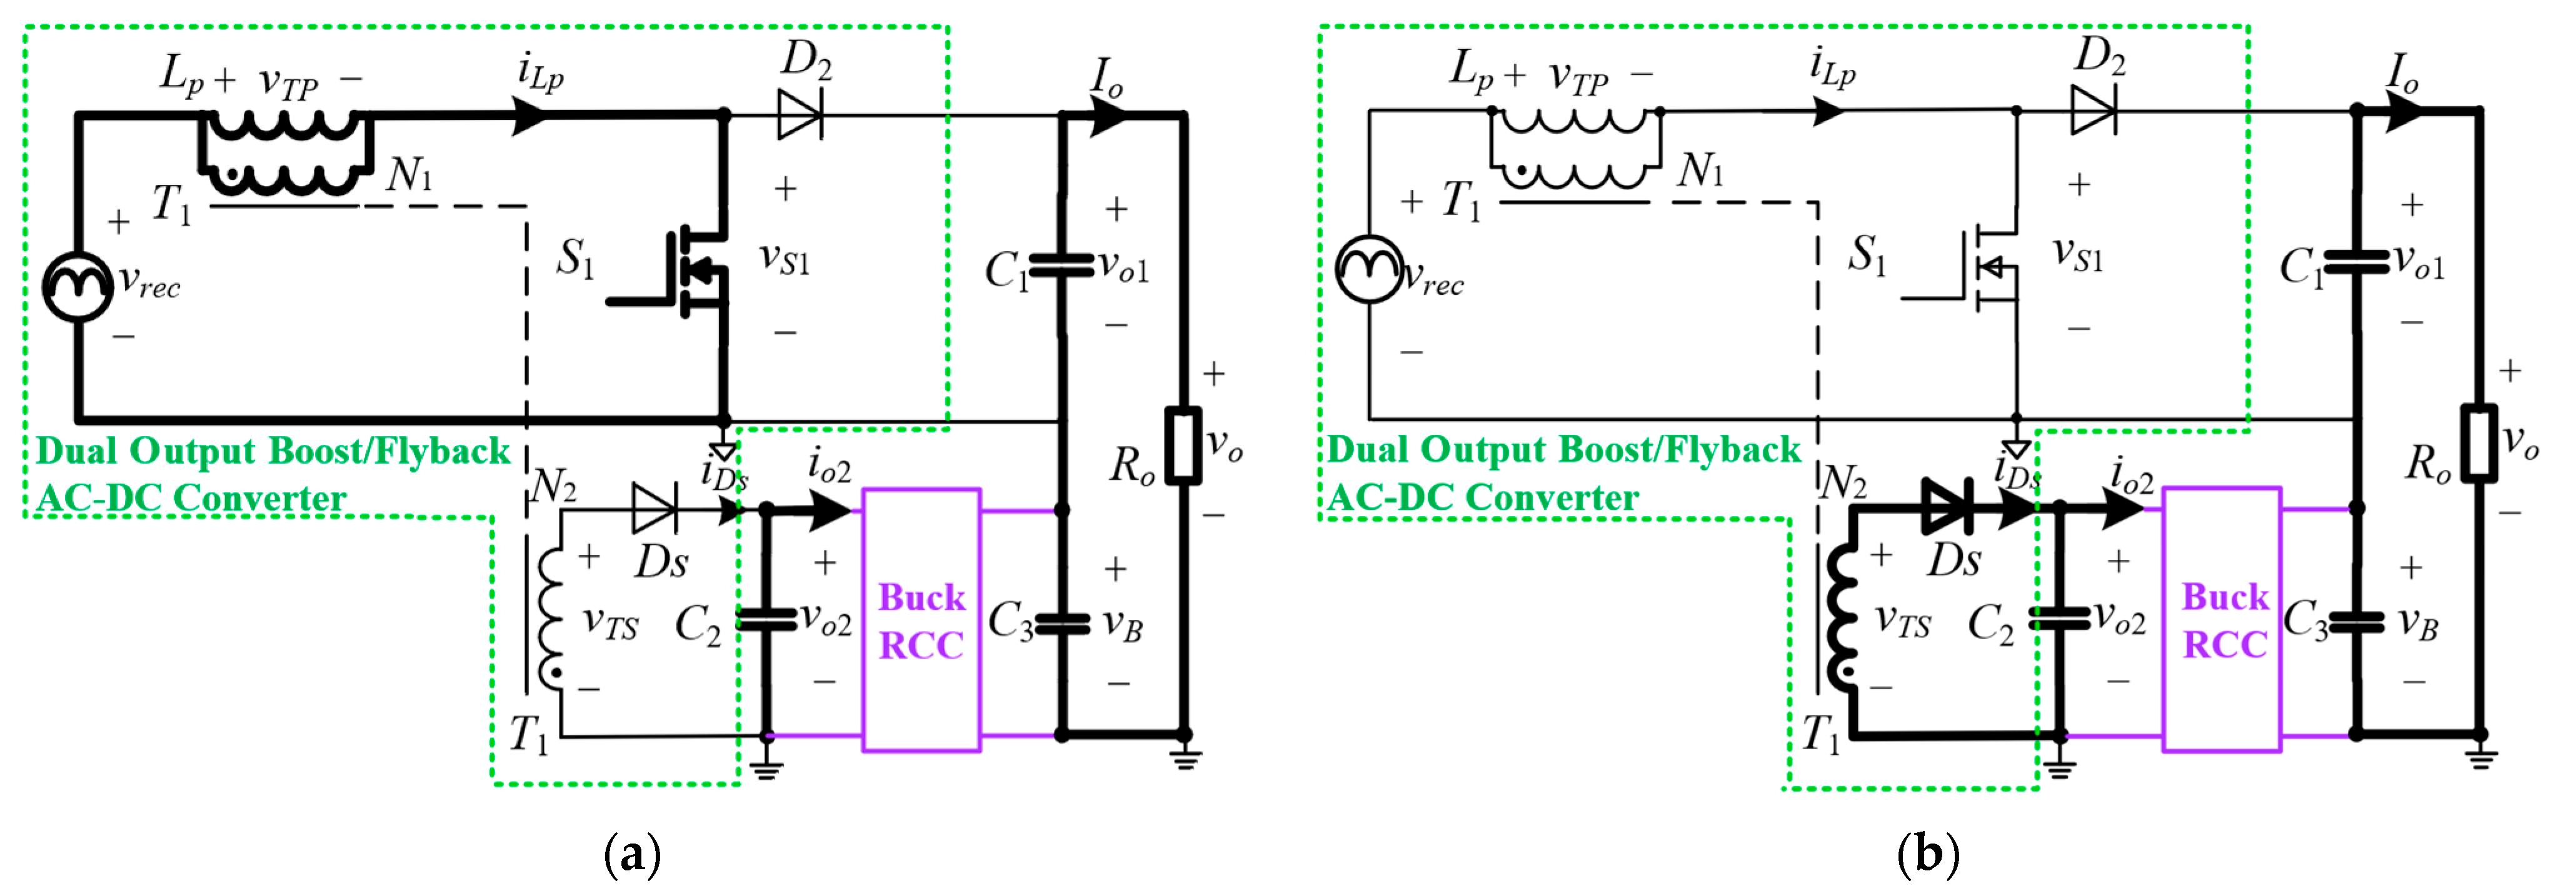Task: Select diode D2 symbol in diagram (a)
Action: point(799,115)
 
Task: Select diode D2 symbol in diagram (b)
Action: point(2092,111)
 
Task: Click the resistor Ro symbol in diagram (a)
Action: point(1182,445)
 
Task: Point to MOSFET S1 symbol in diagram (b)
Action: point(1987,267)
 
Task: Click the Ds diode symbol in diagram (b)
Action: point(1945,507)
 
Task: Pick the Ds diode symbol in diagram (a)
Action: point(654,509)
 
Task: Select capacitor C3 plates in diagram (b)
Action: point(2356,622)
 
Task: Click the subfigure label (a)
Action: point(631,854)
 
